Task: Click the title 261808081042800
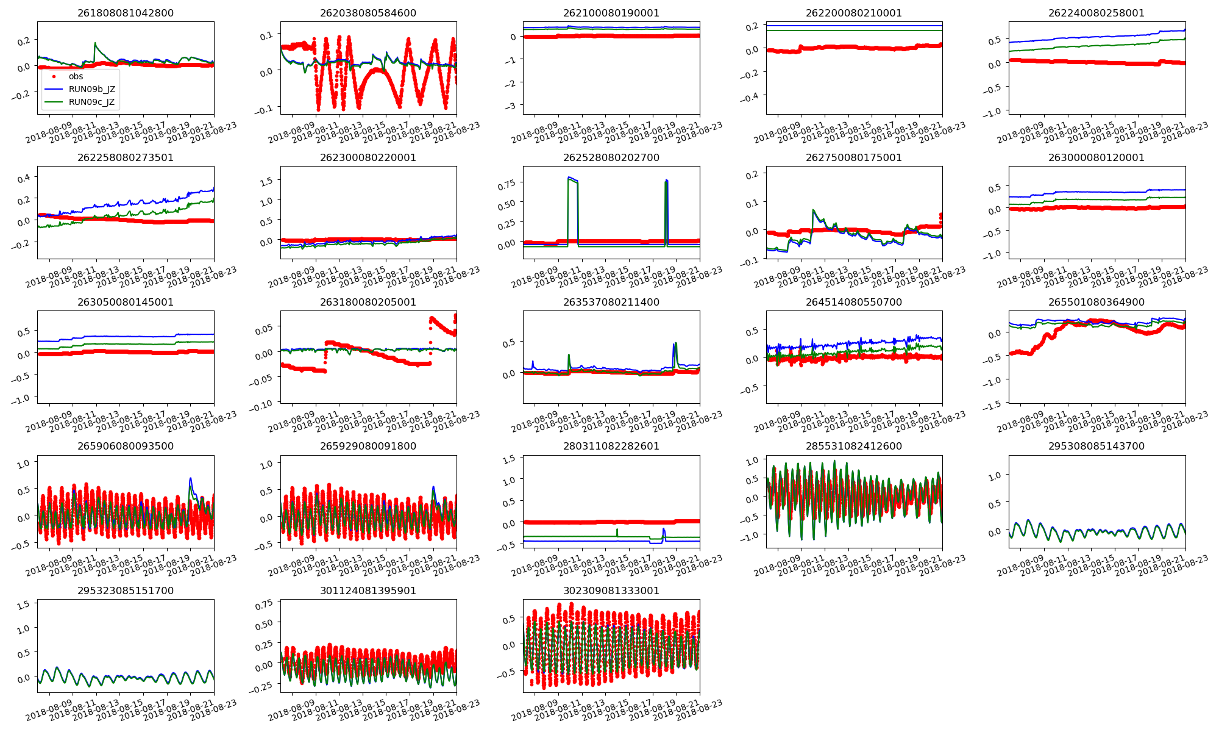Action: pos(125,13)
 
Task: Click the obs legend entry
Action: pos(76,76)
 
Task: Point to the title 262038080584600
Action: pos(368,13)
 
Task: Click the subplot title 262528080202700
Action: pos(611,157)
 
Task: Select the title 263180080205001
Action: pos(368,302)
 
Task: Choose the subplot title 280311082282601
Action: pos(611,446)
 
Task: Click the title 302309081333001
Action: pos(611,590)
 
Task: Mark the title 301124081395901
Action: pos(368,590)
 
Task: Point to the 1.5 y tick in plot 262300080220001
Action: pos(266,181)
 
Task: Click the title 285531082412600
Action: pos(854,446)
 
